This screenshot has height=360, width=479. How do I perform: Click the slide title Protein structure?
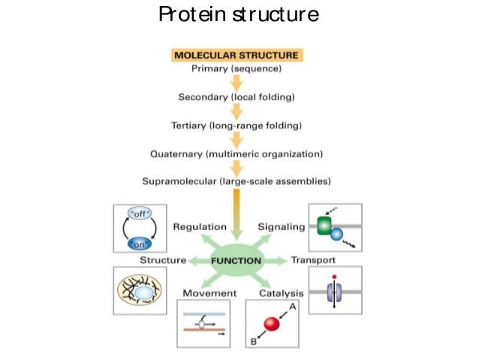click(239, 14)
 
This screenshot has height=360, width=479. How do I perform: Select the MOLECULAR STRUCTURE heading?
click(236, 56)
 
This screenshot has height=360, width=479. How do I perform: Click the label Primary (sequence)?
click(236, 69)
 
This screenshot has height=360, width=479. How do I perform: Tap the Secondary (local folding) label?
click(236, 97)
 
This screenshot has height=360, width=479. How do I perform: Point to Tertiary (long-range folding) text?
click(236, 126)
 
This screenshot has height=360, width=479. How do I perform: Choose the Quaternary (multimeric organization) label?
click(236, 153)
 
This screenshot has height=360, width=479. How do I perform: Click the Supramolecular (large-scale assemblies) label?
click(236, 181)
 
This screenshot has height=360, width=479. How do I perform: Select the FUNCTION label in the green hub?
click(236, 260)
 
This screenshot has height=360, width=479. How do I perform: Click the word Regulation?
click(200, 226)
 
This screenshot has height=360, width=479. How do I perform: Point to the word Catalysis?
click(282, 292)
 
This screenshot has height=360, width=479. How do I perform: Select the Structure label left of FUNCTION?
click(163, 260)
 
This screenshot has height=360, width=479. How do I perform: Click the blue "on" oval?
click(140, 242)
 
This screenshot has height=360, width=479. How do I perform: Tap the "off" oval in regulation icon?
click(140, 213)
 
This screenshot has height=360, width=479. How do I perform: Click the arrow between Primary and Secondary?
click(236, 83)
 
